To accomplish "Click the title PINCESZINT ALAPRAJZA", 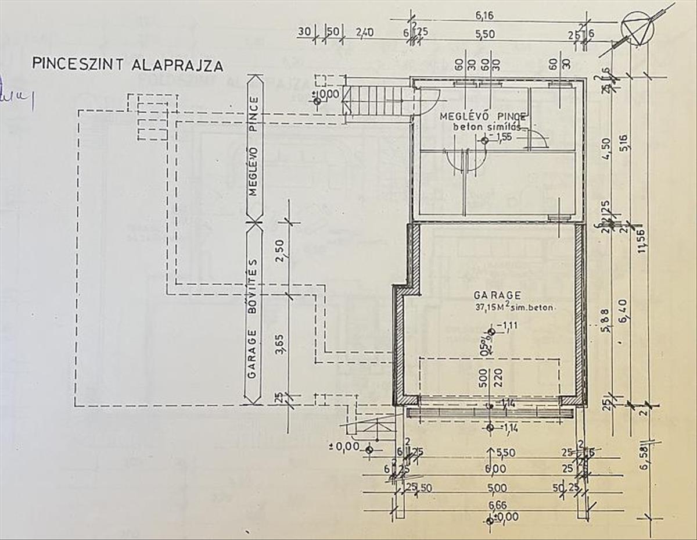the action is tap(127, 64).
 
